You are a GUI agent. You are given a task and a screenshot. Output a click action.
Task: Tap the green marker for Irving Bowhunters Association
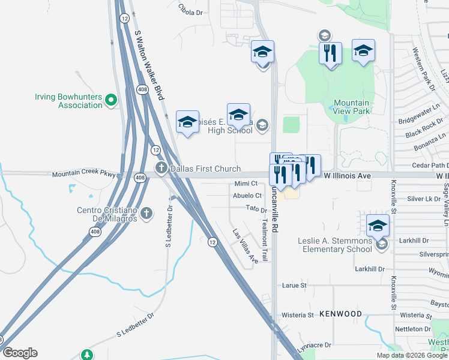pyautogui.click(x=110, y=100)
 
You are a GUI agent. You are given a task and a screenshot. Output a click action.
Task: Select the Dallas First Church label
pyautogui.click(x=205, y=169)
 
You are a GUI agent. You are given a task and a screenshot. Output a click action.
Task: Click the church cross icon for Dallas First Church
pyautogui.click(x=161, y=168)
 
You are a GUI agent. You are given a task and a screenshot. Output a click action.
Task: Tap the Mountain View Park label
pyautogui.click(x=351, y=107)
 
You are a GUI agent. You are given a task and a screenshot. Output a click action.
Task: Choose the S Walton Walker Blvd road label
pyautogui.click(x=149, y=66)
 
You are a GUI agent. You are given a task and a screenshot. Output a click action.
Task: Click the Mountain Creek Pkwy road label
pyautogui.click(x=82, y=175)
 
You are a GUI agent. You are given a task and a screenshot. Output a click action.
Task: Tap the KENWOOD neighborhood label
pyautogui.click(x=341, y=314)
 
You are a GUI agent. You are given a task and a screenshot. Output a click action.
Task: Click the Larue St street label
pyautogui.click(x=294, y=286)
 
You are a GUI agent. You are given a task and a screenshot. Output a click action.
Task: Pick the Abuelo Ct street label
pyautogui.click(x=247, y=196)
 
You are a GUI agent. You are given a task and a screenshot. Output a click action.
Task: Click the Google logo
pyautogui.click(x=20, y=353)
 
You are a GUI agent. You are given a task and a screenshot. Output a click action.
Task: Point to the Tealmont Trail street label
pyautogui.click(x=265, y=239)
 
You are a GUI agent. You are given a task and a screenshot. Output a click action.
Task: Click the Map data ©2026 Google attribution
pyautogui.click(x=412, y=355)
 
